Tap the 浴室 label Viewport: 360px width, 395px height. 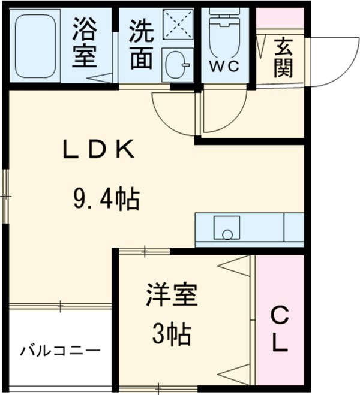tap(85, 43)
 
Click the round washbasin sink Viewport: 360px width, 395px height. tap(176, 62)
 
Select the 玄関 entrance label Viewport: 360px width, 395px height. tap(284, 58)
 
